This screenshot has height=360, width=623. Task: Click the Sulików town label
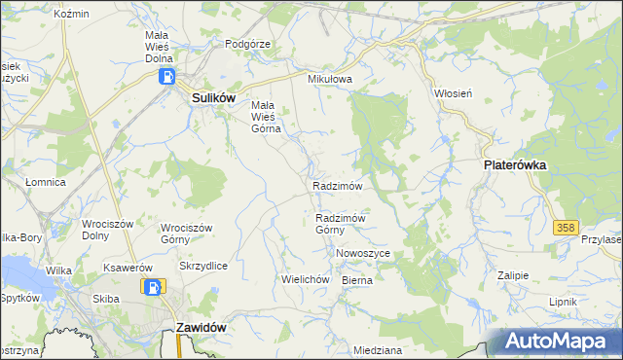pyautogui.click(x=208, y=98)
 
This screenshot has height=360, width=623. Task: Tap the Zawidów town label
pyautogui.click(x=202, y=328)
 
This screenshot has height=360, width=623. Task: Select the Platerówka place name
pyautogui.click(x=515, y=165)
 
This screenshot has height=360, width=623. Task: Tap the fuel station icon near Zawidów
pyautogui.click(x=152, y=287)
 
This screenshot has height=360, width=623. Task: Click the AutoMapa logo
pyautogui.click(x=556, y=341)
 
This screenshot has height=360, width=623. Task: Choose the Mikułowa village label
pyautogui.click(x=328, y=80)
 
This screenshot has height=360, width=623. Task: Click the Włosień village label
pyautogui.click(x=453, y=94)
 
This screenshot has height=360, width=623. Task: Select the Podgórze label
pyautogui.click(x=247, y=44)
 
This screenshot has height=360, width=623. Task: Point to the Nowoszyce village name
pyautogui.click(x=363, y=253)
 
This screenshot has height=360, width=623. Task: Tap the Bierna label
pyautogui.click(x=357, y=279)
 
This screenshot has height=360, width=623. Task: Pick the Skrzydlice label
pyautogui.click(x=203, y=266)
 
